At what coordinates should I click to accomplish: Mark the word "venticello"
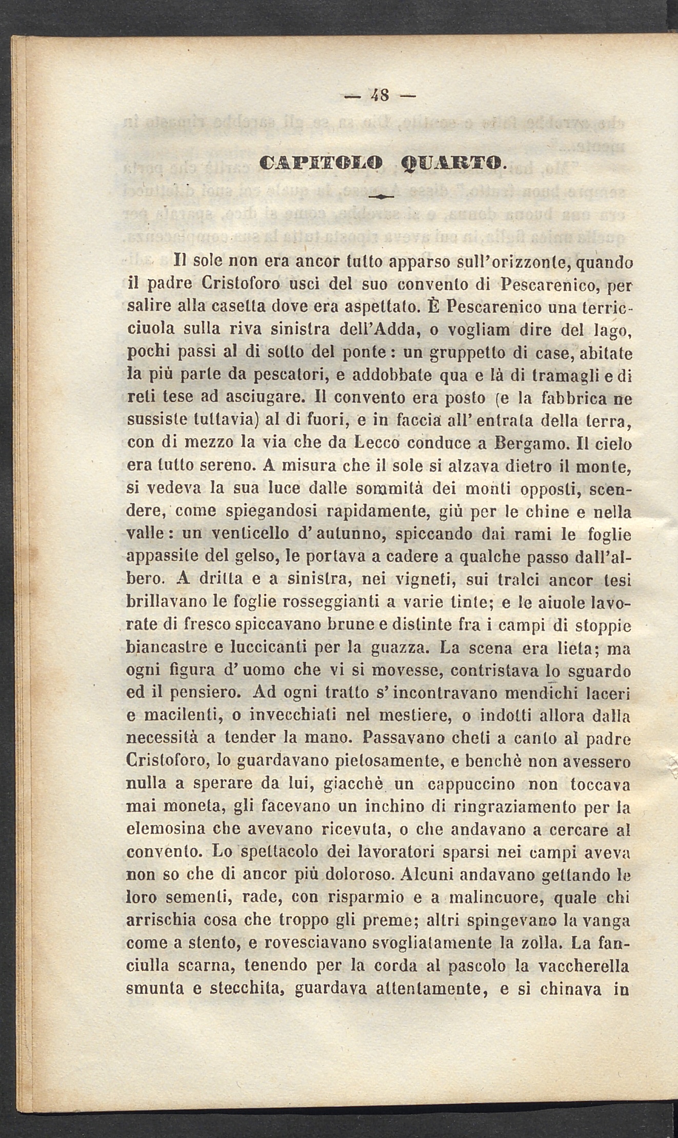click(247, 534)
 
